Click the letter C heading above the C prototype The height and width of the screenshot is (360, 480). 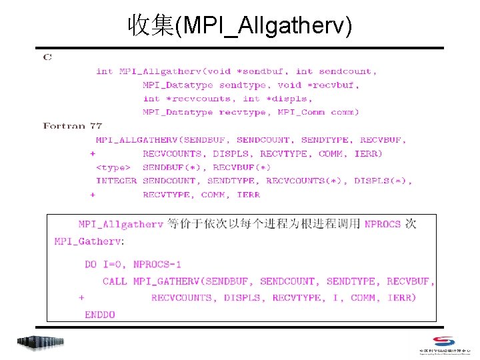point(47,58)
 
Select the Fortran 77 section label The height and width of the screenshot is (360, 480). point(72,126)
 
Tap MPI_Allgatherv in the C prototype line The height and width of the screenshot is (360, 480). point(159,71)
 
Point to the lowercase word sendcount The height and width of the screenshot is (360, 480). point(347,71)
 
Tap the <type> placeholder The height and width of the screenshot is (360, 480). point(113,167)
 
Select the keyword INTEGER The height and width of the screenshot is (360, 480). point(116,181)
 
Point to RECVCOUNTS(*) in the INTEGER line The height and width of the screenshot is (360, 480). point(307,181)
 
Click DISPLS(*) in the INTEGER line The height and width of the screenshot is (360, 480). point(383,181)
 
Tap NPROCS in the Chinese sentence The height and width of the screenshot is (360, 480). point(383,225)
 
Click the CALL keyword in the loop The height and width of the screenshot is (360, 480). point(115,281)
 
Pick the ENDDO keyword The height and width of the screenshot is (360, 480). point(100,315)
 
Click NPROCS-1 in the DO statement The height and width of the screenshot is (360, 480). point(157,265)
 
